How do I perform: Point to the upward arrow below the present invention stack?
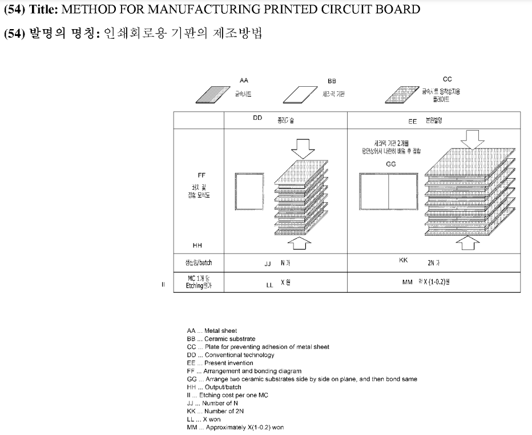click(472, 244)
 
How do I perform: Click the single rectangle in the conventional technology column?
click(249, 192)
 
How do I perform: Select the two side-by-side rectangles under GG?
click(389, 192)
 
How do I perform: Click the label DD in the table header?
click(257, 118)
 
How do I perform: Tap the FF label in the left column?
click(201, 176)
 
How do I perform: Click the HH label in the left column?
click(198, 245)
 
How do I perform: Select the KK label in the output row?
click(403, 260)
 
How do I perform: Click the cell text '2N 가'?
click(434, 263)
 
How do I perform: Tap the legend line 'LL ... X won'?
click(204, 419)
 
